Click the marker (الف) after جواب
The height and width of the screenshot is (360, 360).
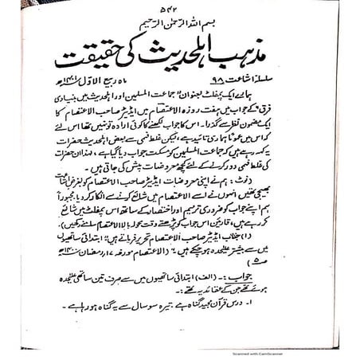(x=238, y=283)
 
